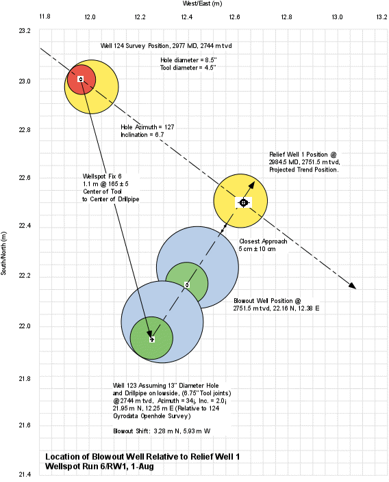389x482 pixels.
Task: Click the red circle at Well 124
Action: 81,79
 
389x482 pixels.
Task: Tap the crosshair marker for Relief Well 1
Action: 244,202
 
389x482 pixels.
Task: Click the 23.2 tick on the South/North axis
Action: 25,31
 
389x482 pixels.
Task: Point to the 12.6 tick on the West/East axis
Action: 235,17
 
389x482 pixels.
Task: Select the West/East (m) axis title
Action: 202,3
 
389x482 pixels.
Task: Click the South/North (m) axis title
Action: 3,253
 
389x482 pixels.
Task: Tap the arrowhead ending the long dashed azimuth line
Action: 352,285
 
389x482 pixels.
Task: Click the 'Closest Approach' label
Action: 263,241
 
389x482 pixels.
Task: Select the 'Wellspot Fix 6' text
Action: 102,176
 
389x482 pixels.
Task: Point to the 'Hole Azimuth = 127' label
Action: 147,127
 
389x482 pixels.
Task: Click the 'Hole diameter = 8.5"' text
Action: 188,60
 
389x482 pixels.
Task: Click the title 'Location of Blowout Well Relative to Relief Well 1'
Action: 142,457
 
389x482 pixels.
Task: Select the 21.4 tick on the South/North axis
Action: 25,474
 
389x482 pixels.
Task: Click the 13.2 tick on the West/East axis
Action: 381,17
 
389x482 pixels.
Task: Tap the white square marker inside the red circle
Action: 81,79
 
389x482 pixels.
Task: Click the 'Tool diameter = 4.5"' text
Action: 188,68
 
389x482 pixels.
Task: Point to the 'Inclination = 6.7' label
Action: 142,135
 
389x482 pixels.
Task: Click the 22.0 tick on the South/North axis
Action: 25,326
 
